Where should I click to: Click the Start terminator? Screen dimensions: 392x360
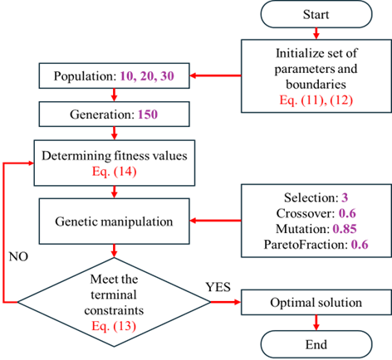(x=316, y=14)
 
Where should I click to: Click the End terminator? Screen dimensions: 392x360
(x=316, y=344)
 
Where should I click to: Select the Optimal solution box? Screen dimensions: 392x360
(x=316, y=302)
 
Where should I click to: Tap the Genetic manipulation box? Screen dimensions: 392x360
(x=114, y=221)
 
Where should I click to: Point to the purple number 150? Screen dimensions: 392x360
(x=148, y=114)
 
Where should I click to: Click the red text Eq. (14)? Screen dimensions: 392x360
(x=114, y=172)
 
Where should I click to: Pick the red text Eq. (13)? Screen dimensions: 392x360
(x=114, y=326)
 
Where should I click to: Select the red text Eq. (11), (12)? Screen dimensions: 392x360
(x=316, y=100)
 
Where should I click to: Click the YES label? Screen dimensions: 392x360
(x=218, y=287)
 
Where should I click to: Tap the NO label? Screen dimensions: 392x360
(x=18, y=257)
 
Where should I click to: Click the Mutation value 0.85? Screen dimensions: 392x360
(x=345, y=229)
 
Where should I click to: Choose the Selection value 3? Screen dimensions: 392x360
(x=345, y=197)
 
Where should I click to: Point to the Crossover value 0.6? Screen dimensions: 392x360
(x=347, y=213)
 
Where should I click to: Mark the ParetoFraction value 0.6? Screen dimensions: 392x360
(x=360, y=245)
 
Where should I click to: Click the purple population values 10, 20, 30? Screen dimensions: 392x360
(x=147, y=76)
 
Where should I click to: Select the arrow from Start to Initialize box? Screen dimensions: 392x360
(x=316, y=33)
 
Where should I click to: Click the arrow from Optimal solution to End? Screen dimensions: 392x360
(x=316, y=323)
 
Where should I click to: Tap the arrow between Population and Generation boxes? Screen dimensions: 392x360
(x=114, y=95)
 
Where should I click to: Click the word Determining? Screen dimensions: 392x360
(x=76, y=156)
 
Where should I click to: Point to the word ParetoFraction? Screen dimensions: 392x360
(x=306, y=245)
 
